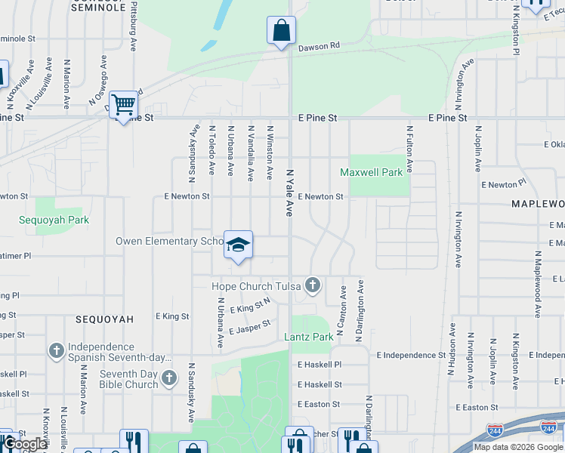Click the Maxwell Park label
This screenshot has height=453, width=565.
tap(371, 172)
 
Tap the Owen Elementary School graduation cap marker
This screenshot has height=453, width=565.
tap(238, 245)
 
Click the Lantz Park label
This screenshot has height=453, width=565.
tap(308, 337)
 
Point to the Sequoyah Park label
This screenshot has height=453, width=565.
tap(54, 220)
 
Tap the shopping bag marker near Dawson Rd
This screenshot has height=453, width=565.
tap(281, 31)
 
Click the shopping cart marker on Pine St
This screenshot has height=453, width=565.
tap(122, 104)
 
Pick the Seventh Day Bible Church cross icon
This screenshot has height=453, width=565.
tap(168, 377)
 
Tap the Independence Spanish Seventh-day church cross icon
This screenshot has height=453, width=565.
tap(56, 350)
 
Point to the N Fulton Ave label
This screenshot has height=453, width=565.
tap(410, 149)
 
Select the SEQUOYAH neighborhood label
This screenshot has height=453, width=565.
tap(104, 319)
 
